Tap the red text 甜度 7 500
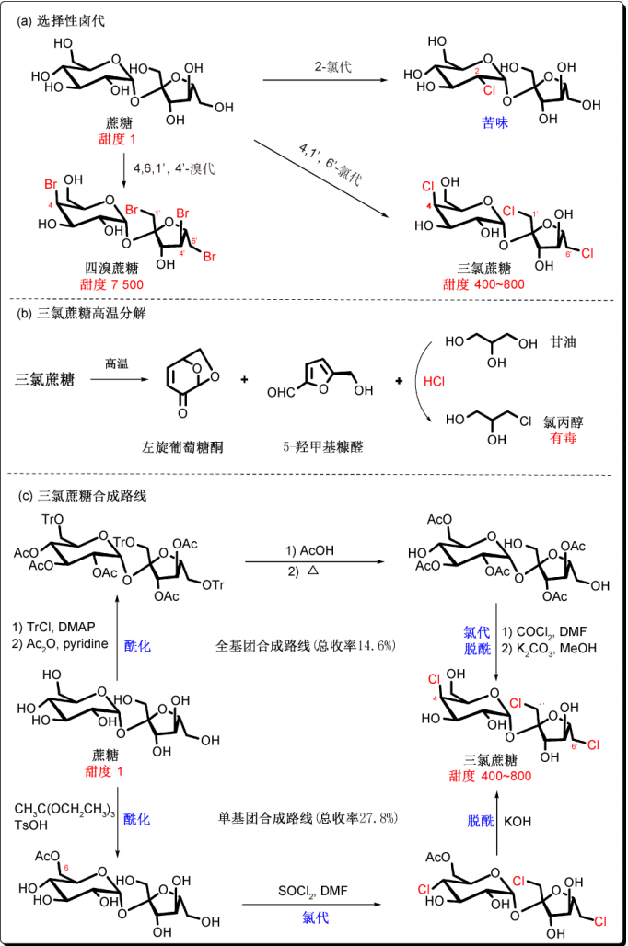click(x=114, y=283)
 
